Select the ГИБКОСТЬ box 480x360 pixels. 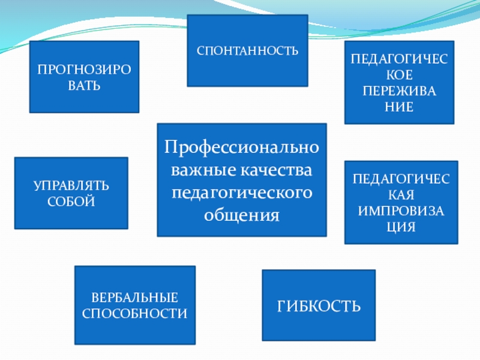click(319, 306)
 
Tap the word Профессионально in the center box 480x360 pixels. click(242, 146)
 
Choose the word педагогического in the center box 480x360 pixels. click(242, 193)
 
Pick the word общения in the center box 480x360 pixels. click(242, 215)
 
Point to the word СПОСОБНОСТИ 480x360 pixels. click(135, 313)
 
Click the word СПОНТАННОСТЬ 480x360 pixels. click(247, 51)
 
